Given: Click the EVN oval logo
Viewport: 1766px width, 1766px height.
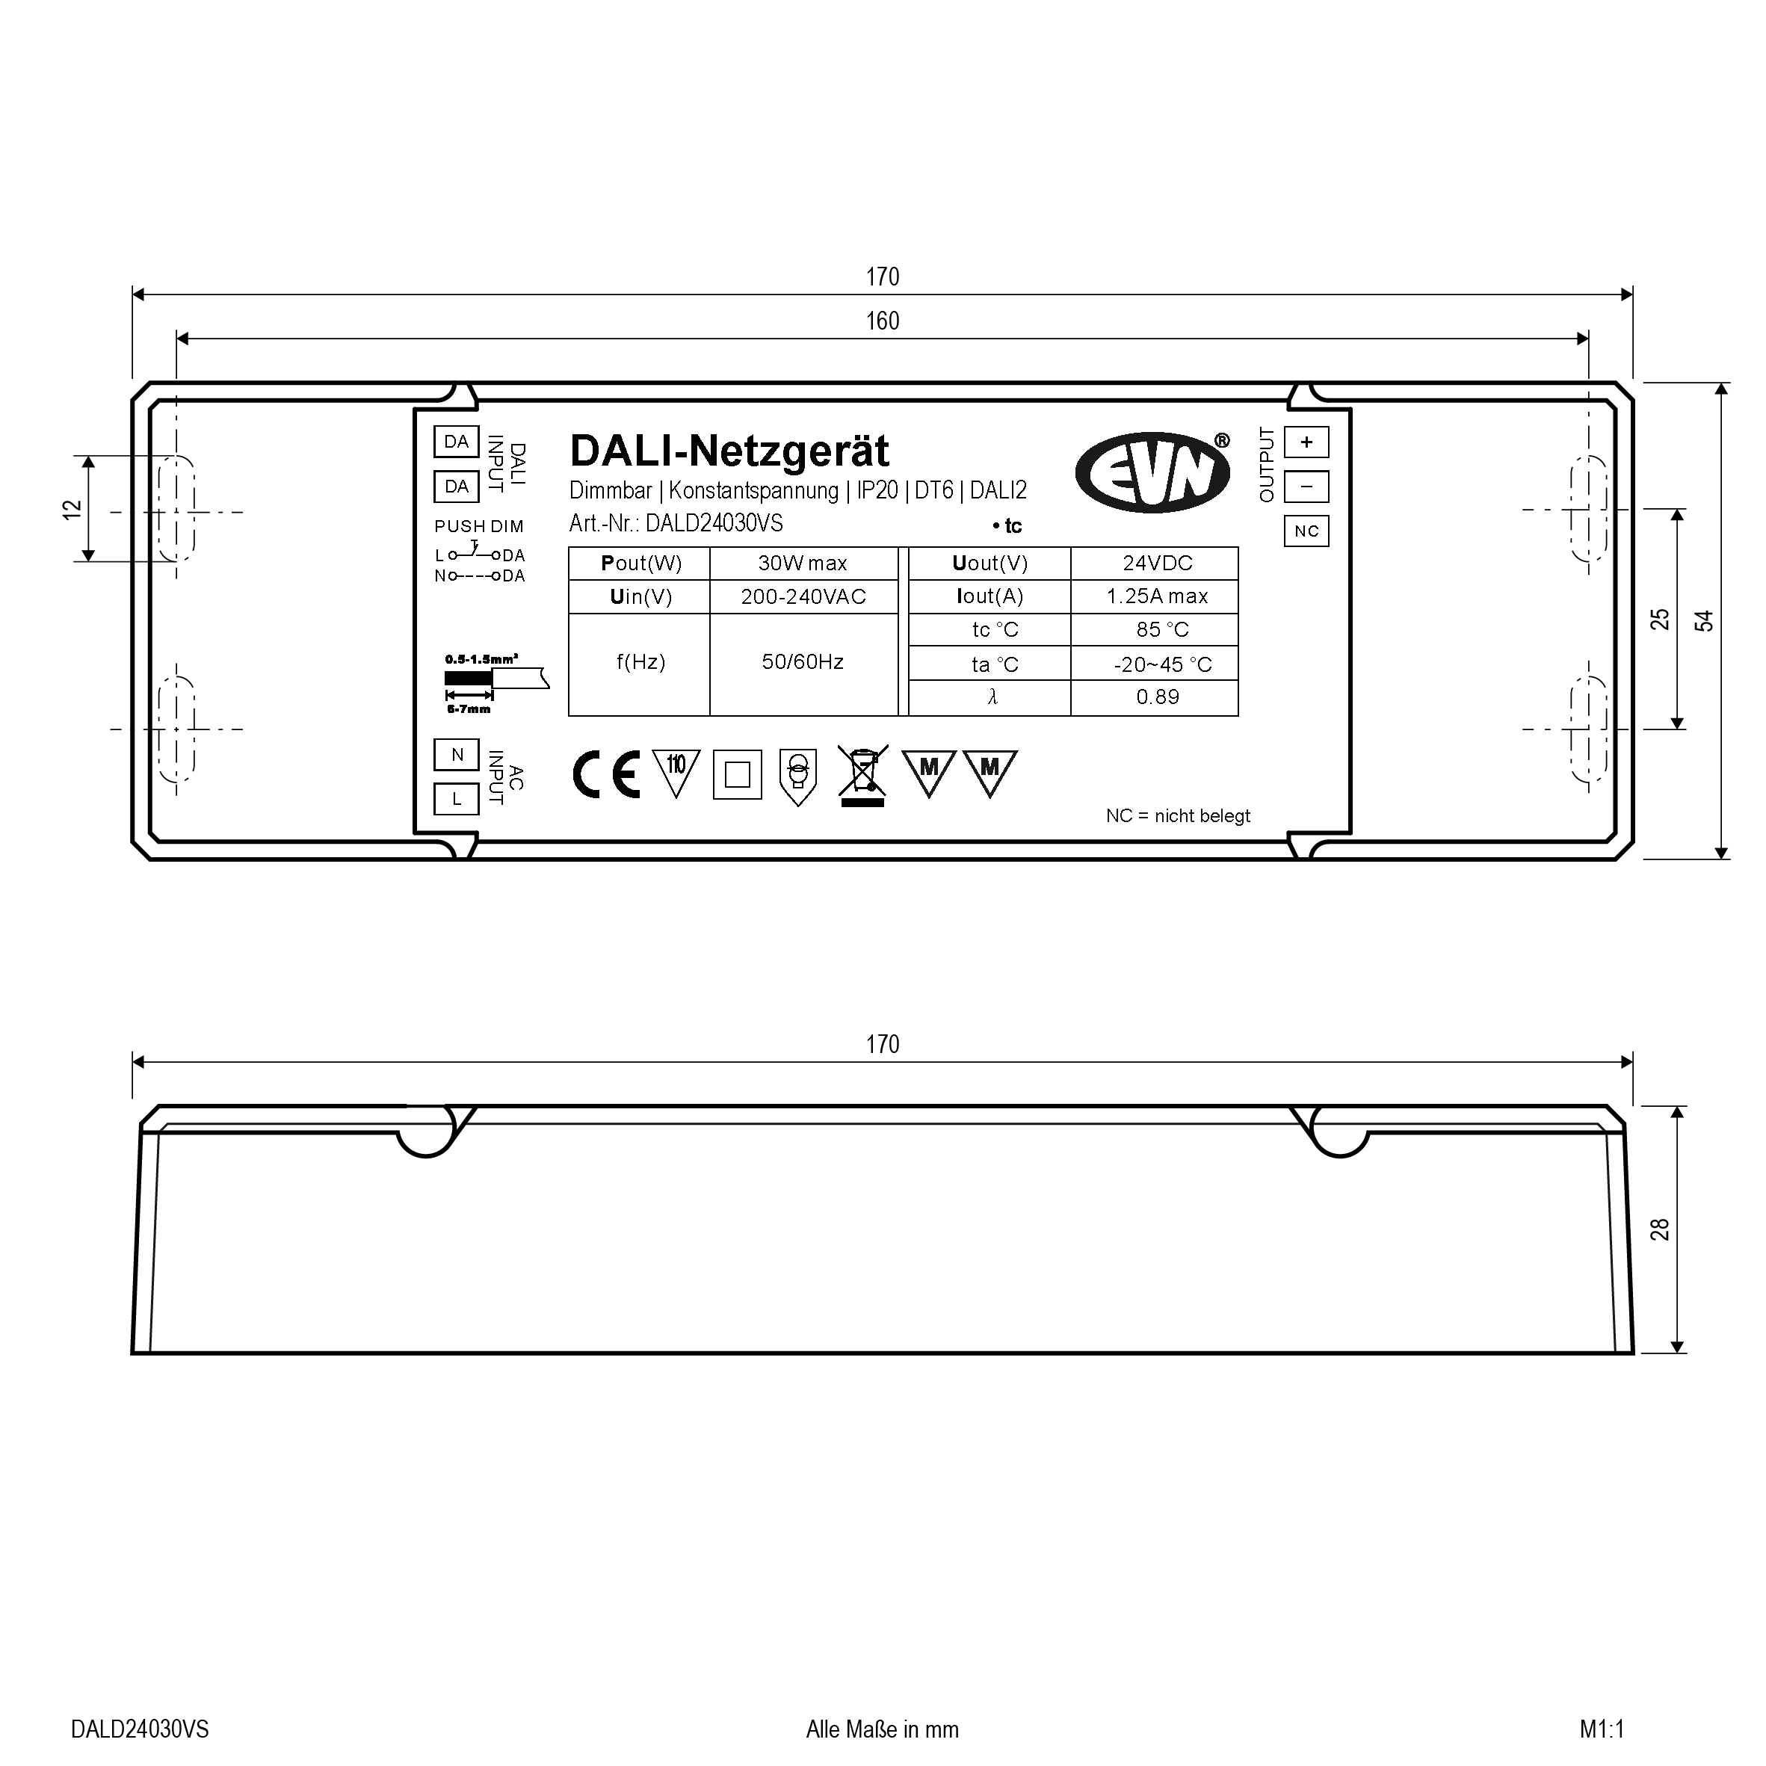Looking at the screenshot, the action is click(x=1152, y=472).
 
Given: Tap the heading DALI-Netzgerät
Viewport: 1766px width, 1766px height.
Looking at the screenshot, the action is click(x=729, y=451).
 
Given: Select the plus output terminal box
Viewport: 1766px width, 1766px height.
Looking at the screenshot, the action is click(x=1306, y=442).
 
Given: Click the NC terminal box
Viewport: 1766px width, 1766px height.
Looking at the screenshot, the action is click(x=1306, y=531).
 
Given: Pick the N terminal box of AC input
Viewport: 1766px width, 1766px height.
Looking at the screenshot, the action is click(x=456, y=755).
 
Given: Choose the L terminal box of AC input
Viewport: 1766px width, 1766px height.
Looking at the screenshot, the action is click(x=456, y=799).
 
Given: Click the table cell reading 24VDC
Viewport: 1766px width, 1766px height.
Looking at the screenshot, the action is click(x=1155, y=563).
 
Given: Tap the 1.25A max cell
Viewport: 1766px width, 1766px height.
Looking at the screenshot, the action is click(x=1155, y=596).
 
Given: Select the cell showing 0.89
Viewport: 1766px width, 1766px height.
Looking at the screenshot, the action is click(x=1155, y=697).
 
